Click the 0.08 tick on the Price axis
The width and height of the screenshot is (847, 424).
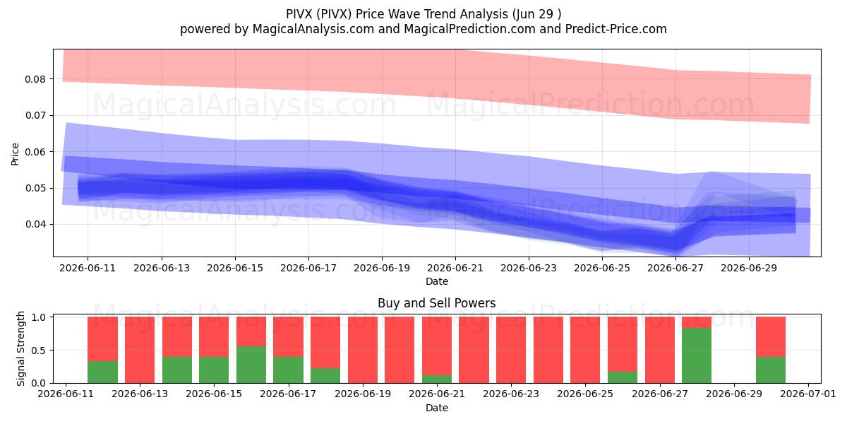[35, 79]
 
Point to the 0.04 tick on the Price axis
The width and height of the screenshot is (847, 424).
[35, 225]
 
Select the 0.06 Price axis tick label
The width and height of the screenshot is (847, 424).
[35, 152]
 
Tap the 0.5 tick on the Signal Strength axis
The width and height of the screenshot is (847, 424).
[40, 351]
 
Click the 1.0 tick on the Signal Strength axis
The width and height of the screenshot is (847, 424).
[40, 317]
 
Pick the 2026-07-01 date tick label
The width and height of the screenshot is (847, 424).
[808, 394]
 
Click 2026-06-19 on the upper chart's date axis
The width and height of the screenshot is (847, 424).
[382, 268]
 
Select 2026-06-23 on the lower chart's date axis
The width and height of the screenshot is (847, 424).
[511, 394]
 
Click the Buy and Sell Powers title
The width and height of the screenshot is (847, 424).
[437, 303]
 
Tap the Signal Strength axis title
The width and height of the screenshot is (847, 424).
[20, 348]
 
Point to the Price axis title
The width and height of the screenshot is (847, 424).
[15, 154]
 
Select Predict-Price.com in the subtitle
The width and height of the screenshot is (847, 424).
[616, 29]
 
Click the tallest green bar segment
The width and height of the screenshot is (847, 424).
[697, 355]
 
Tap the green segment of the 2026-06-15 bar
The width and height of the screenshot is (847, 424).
[214, 370]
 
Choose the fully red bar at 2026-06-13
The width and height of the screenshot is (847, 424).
[140, 350]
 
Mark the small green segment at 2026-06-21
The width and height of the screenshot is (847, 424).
[437, 379]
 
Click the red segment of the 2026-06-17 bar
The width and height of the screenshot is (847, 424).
[288, 336]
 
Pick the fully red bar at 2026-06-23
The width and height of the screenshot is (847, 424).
[511, 350]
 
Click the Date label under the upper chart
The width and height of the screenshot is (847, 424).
[437, 281]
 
